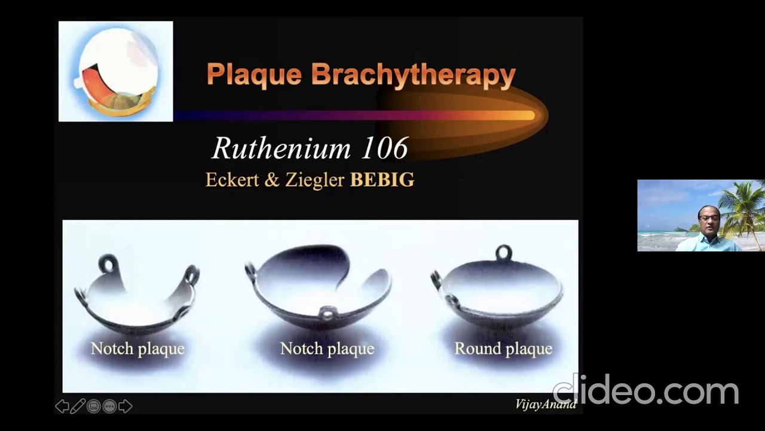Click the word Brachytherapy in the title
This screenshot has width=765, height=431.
413,75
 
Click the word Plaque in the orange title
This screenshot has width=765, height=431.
254,75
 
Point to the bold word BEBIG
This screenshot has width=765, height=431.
382,180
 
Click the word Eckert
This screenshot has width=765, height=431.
232,180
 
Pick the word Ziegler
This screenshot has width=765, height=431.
314,180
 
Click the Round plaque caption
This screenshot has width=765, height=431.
503,348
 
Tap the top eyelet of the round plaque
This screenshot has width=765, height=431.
503,252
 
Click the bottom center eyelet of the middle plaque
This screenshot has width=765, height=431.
327,313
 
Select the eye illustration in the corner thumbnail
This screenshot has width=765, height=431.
116,72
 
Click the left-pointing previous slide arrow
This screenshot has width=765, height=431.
62,407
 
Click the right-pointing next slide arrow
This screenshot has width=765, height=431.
126,407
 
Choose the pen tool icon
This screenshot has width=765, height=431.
78,407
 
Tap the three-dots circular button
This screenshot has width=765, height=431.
109,407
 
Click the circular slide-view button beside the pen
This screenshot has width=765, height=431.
94,407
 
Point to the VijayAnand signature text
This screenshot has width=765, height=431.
546,404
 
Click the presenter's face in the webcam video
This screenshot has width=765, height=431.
709,220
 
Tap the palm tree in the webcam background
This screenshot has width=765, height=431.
744,207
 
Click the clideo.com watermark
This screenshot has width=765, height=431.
645,391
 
